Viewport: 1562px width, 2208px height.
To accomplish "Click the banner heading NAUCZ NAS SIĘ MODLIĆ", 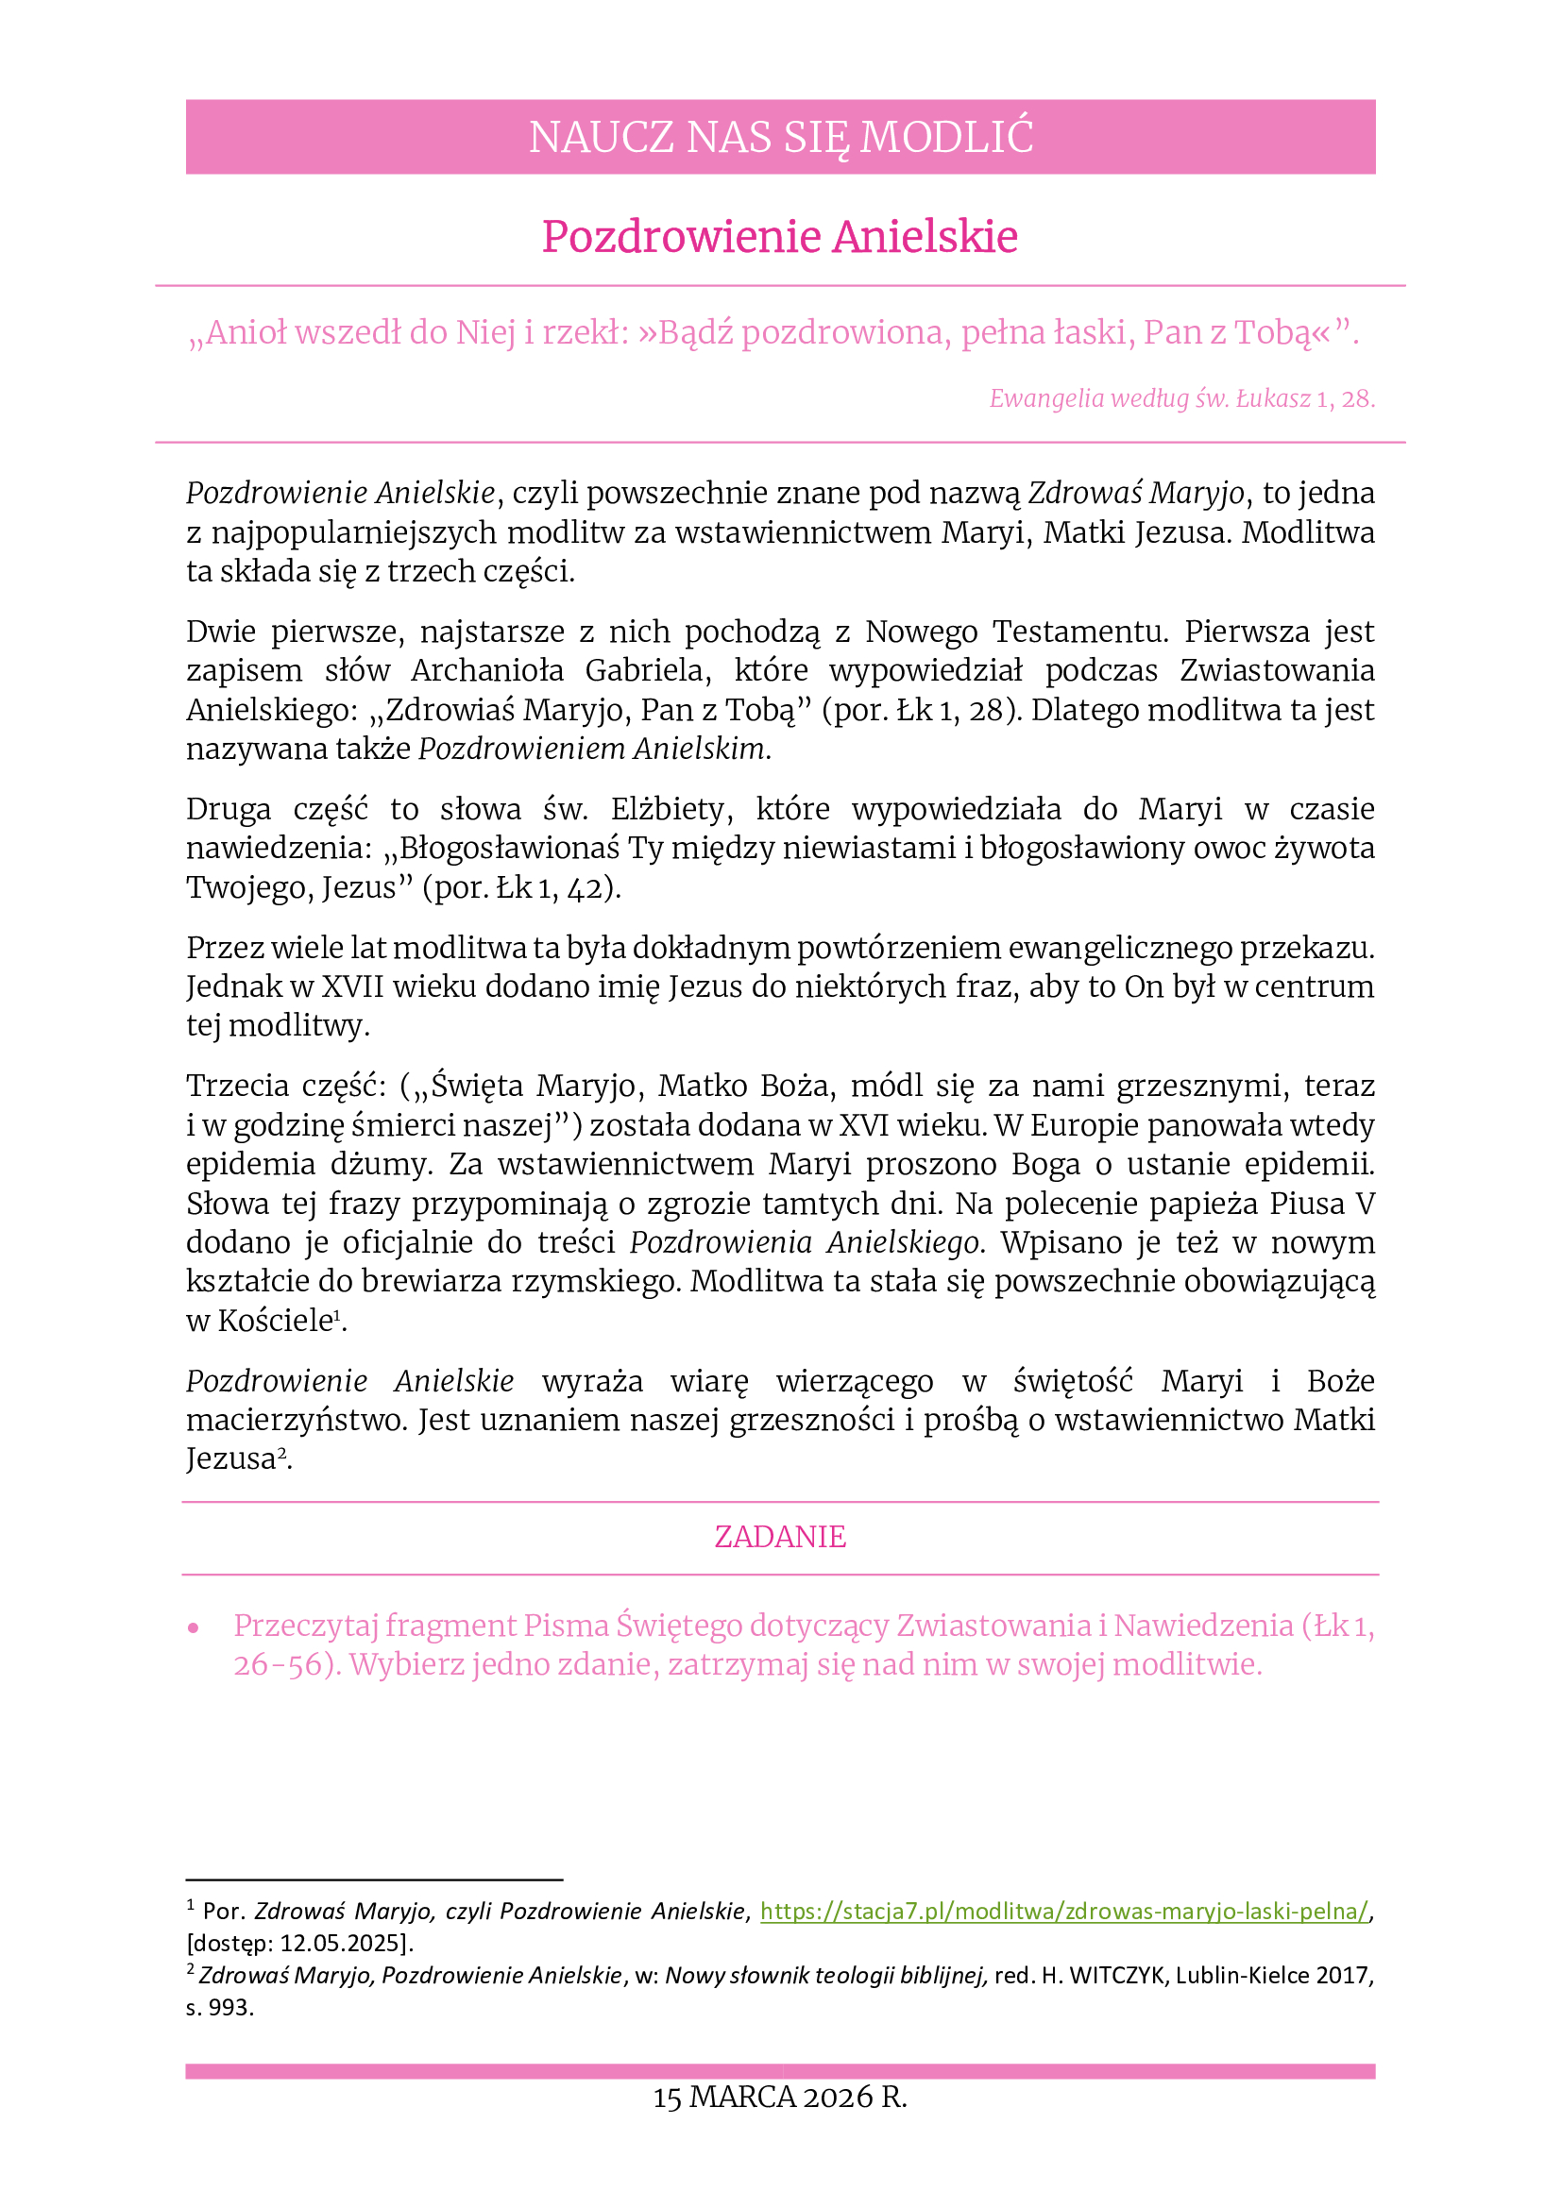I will coord(780,137).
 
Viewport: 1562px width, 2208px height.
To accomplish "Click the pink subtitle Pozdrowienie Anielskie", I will coord(780,237).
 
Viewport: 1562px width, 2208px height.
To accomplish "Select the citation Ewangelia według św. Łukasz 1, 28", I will coord(1181,398).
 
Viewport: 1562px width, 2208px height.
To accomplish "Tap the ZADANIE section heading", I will coord(780,1537).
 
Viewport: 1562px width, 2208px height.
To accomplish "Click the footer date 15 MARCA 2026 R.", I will coord(780,2098).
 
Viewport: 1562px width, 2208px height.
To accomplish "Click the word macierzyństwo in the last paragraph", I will coord(296,1421).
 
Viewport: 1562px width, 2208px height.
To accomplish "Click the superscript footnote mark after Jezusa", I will coord(281,1453).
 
